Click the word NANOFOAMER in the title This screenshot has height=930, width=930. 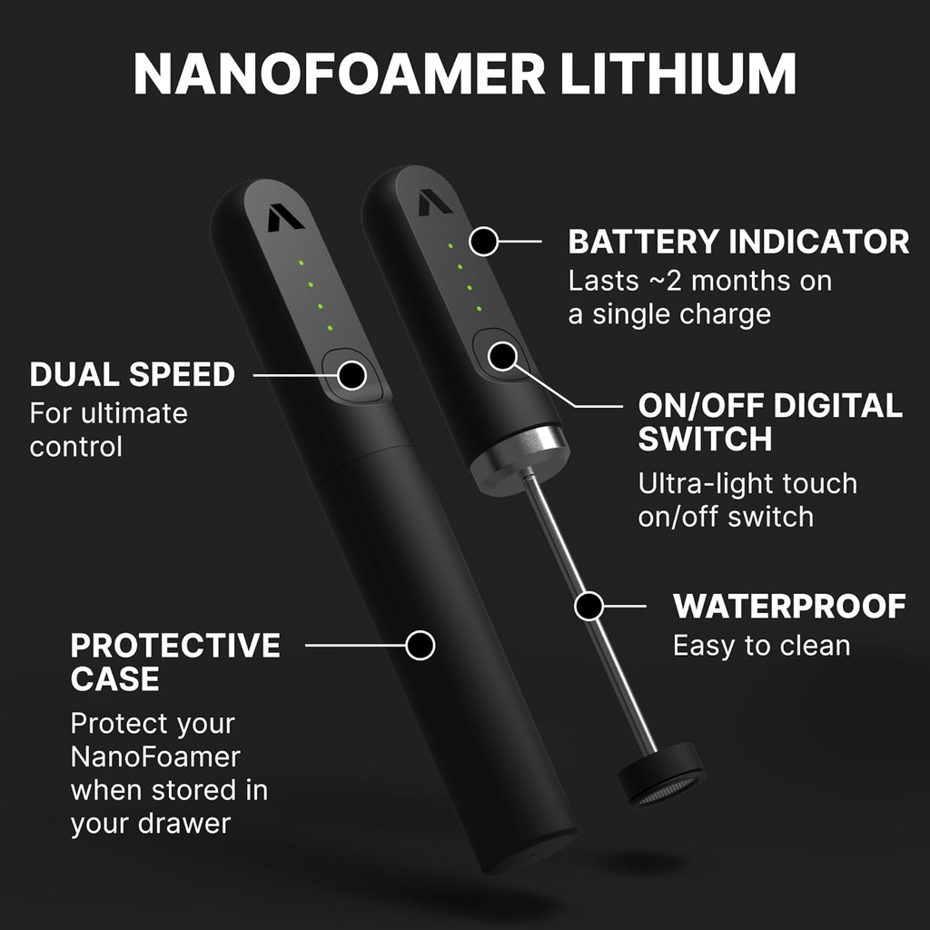pyautogui.click(x=338, y=75)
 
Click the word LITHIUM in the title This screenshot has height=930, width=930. pyautogui.click(x=678, y=75)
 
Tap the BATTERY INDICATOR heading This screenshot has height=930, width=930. pyautogui.click(x=738, y=242)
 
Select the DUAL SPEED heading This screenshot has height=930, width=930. pyautogui.click(x=133, y=374)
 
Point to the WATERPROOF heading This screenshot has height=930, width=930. pyautogui.click(x=789, y=607)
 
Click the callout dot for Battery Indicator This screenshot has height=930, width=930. pyautogui.click(x=484, y=242)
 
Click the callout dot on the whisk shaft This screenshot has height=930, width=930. pyautogui.click(x=589, y=606)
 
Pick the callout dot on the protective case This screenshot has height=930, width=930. pyautogui.click(x=420, y=645)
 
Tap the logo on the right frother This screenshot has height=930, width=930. pyautogui.click(x=435, y=202)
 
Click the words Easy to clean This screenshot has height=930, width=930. pyautogui.click(x=761, y=646)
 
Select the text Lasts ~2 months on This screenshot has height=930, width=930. pyautogui.click(x=699, y=281)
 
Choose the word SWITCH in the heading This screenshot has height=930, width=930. pyautogui.click(x=705, y=440)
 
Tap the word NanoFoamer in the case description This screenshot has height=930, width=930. pyautogui.click(x=155, y=757)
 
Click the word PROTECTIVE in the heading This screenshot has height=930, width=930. pyautogui.click(x=175, y=647)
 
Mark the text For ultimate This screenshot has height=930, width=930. pyautogui.click(x=109, y=414)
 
